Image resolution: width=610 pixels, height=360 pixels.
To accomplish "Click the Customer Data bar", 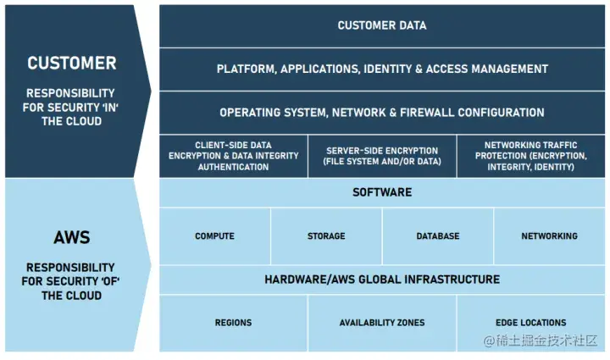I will pos(382,25).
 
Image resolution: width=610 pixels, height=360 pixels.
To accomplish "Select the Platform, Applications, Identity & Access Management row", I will pos(382,69).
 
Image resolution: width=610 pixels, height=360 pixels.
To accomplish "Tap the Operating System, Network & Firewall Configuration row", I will pos(382,112).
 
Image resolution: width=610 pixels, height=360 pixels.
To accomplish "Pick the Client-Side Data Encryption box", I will pos(233,156).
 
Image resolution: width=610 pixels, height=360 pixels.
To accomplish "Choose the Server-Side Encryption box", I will pos(382,156).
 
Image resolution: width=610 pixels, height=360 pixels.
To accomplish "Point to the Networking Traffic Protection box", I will pos(530,156).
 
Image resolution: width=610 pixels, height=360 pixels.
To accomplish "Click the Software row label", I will pos(382,192).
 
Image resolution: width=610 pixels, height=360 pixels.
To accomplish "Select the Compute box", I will pos(214,236).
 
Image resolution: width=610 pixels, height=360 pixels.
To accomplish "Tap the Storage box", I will pos(326,236).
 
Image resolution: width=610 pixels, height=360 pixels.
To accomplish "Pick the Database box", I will pos(438,236).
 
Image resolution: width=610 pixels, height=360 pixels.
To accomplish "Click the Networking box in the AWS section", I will pos(549,236).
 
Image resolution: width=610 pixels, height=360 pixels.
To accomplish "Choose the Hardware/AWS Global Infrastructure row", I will pos(382,280).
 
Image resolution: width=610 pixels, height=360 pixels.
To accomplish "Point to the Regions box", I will pos(233,323).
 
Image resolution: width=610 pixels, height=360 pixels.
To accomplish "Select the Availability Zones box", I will pos(382,323).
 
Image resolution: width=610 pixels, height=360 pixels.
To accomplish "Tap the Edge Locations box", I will pos(531,323).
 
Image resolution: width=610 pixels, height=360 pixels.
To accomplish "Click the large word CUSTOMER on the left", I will pos(71,64).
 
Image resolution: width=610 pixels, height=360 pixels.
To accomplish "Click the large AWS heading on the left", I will pos(71,238).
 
